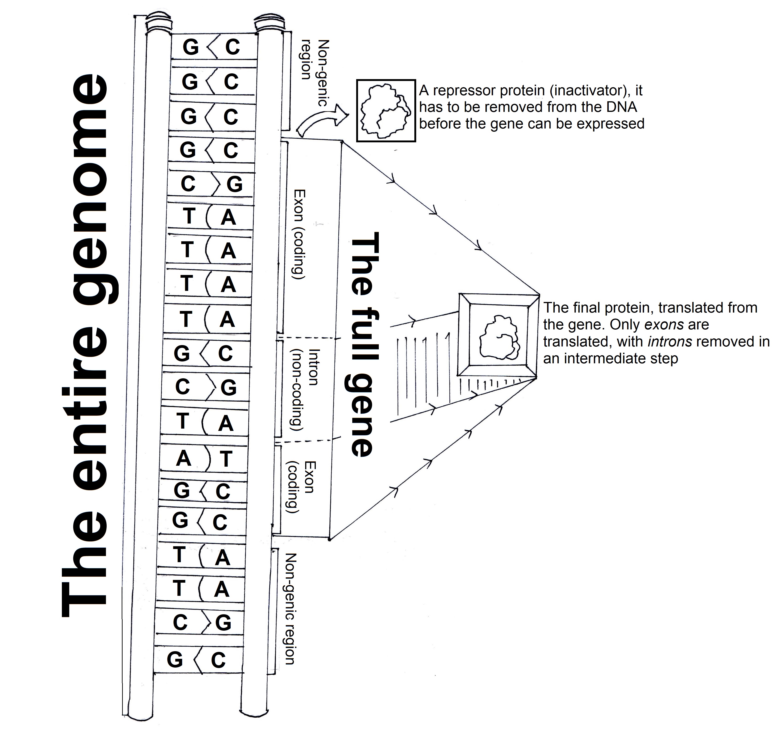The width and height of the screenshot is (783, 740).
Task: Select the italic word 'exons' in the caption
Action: tap(664, 325)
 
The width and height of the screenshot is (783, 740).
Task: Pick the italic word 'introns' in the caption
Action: tap(670, 342)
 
